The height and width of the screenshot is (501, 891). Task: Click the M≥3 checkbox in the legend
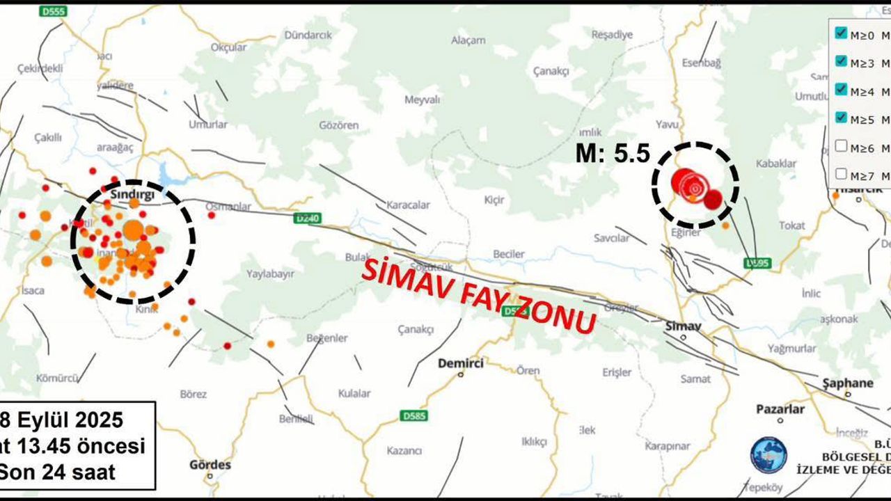841,61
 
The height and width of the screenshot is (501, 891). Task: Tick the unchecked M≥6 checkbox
841,146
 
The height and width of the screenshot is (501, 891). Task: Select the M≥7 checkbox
841,175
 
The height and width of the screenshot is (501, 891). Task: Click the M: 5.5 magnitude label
613,154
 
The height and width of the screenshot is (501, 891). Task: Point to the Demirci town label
461,363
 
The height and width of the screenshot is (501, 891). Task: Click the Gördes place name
210,465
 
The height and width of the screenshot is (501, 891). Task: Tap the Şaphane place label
847,383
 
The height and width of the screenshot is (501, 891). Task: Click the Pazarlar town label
780,409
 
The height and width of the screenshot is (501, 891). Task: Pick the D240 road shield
306,218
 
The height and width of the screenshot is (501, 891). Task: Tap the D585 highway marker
413,416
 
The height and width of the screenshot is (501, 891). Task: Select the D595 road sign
758,263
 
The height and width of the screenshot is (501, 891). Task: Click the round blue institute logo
768,454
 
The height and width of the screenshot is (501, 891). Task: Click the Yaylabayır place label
273,274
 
